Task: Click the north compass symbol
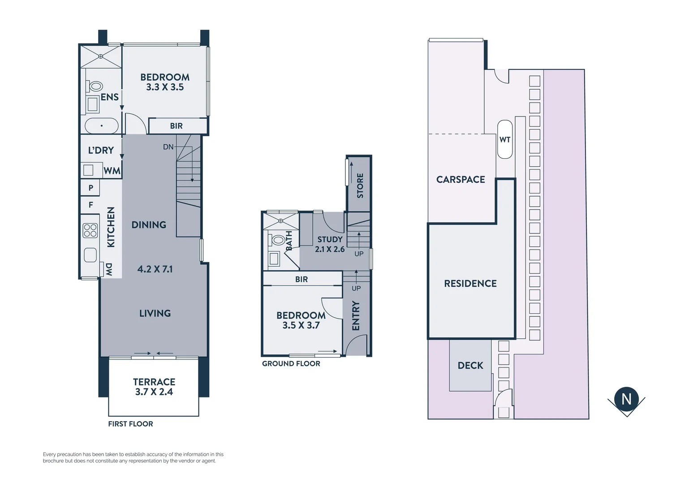tap(626, 399)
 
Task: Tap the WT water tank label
tap(505, 139)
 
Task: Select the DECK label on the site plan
tap(470, 365)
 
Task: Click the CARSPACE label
tap(461, 179)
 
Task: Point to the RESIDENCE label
tap(470, 283)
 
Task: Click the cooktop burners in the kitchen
tap(90, 230)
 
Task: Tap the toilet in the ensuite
tap(95, 86)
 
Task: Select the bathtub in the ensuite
tap(102, 126)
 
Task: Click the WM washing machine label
tap(112, 171)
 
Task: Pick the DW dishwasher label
tap(109, 269)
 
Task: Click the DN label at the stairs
tap(168, 147)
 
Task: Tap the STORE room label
tap(360, 186)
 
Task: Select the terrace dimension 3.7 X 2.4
tap(154, 392)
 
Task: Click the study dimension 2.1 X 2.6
tap(330, 249)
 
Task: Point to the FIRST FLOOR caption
tap(130, 424)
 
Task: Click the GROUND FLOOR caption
tap(291, 363)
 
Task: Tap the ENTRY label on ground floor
tap(356, 315)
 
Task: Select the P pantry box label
tap(91, 188)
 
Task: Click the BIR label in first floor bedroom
tap(176, 126)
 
